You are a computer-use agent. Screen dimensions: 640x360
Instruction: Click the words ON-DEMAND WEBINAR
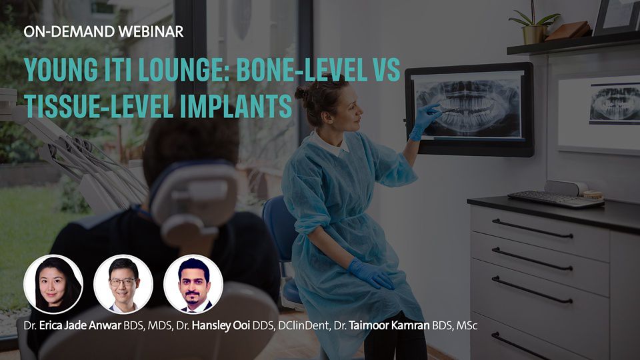(104, 32)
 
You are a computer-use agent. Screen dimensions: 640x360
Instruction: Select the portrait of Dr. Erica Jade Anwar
(53, 284)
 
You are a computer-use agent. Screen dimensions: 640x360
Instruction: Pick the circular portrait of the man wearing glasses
(123, 284)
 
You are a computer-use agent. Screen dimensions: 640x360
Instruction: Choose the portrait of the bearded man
(193, 284)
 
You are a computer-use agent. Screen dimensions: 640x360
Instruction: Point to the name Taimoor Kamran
(389, 325)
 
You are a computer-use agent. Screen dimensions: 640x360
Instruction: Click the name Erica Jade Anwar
(81, 325)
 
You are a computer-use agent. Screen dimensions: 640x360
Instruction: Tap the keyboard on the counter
(556, 199)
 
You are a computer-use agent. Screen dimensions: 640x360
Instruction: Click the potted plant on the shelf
(534, 25)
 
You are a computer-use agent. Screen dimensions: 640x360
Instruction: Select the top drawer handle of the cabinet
(532, 229)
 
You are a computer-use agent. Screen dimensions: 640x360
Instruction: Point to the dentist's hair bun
(302, 93)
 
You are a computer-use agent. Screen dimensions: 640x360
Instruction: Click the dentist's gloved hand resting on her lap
(371, 273)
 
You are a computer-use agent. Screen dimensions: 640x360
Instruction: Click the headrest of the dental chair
(193, 203)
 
